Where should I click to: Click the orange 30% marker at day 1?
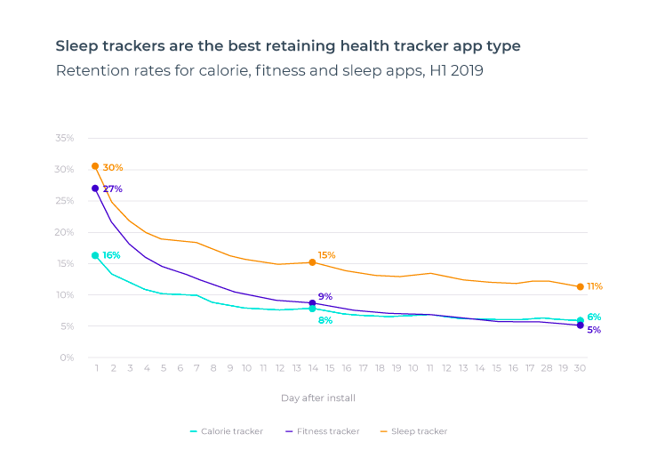[x=95, y=166]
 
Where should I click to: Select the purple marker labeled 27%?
[x=95, y=189]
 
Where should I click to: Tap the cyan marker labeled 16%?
[x=95, y=255]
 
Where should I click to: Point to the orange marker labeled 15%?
[x=312, y=262]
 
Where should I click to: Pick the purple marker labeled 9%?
[x=312, y=303]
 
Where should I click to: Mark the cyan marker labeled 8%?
[x=312, y=309]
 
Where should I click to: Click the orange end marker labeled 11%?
[x=580, y=286]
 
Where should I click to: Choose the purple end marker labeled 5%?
[x=580, y=325]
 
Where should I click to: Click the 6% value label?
[x=594, y=317]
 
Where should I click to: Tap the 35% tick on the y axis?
[x=64, y=139]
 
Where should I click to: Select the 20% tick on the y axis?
[x=64, y=232]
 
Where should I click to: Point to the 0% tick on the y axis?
[x=67, y=358]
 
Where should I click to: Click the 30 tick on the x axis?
[x=580, y=368]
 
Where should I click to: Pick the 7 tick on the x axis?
[x=196, y=368]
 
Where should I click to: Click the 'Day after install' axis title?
[x=318, y=398]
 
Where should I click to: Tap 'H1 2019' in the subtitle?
[x=455, y=71]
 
